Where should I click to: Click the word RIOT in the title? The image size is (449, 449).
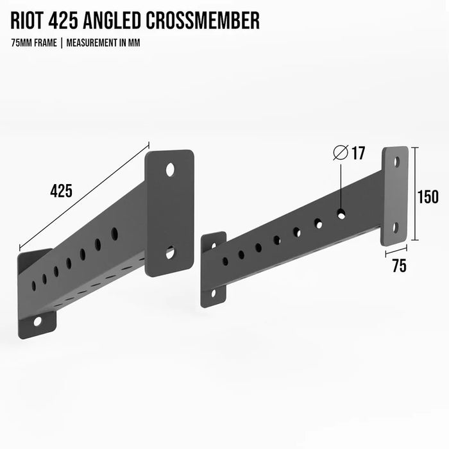coord(31,21)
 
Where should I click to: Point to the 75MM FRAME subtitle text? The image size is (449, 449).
coord(33,43)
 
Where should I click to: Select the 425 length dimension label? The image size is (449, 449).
coord(61,191)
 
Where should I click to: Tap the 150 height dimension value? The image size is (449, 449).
coord(427,197)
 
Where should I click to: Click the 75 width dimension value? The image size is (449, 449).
coord(399,266)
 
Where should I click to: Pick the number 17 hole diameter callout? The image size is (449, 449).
coord(358,153)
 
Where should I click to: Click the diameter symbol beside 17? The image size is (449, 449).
coord(341,153)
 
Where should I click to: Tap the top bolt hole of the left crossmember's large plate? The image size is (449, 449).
coord(170,170)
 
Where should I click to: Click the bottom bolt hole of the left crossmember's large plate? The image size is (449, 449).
coord(170,253)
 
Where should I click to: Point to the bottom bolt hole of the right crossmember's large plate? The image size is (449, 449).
coord(396,228)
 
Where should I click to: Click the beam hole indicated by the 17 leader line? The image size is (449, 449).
coord(341,214)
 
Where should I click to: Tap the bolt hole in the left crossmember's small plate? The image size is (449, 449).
coord(37,320)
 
